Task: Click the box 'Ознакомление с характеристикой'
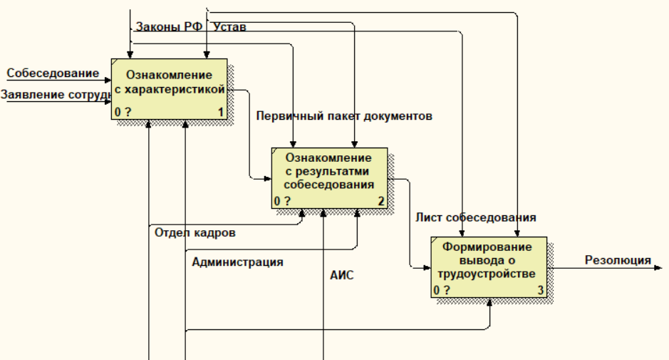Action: pyautogui.click(x=169, y=88)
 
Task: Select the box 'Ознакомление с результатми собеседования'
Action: pyautogui.click(x=329, y=178)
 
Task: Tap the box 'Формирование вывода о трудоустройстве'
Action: pyautogui.click(x=489, y=267)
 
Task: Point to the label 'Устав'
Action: pyautogui.click(x=230, y=27)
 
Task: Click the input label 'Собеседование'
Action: pyautogui.click(x=53, y=73)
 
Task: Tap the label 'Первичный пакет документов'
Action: pyautogui.click(x=345, y=116)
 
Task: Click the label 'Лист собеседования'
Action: pyautogui.click(x=476, y=217)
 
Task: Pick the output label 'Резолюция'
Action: pyautogui.click(x=618, y=260)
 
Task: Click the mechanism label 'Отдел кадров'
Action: pyautogui.click(x=195, y=232)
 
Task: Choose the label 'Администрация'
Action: pyautogui.click(x=237, y=262)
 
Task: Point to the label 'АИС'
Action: pyautogui.click(x=342, y=274)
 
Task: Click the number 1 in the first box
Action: pyautogui.click(x=220, y=112)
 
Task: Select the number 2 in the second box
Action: pyautogui.click(x=381, y=201)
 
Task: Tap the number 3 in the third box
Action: pyautogui.click(x=541, y=290)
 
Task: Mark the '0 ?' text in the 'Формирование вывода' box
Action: pyautogui.click(x=442, y=290)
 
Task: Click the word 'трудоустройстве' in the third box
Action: pyautogui.click(x=489, y=273)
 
